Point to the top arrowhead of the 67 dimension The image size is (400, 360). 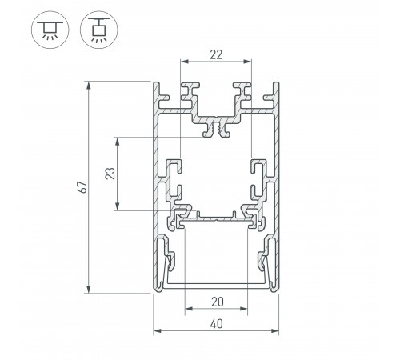(90, 83)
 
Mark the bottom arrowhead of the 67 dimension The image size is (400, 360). (90, 291)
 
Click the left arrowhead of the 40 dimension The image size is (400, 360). (155, 329)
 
